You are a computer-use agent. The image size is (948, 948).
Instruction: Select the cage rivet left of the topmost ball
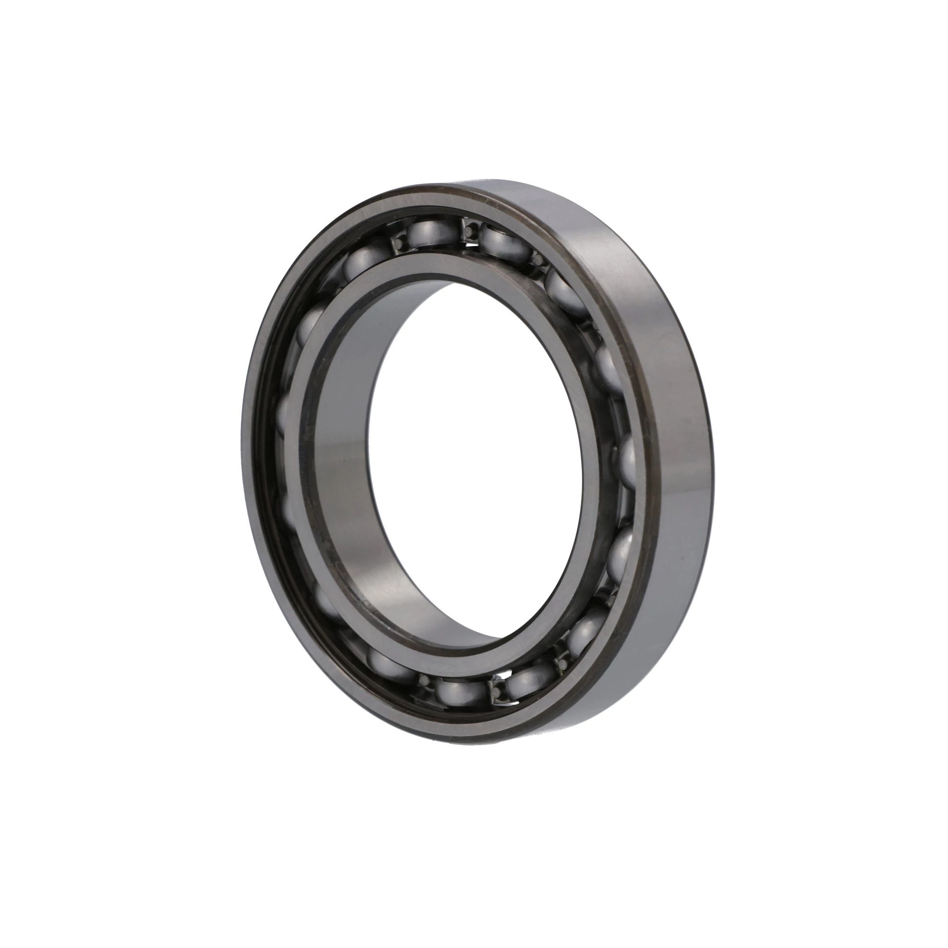(x=396, y=244)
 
